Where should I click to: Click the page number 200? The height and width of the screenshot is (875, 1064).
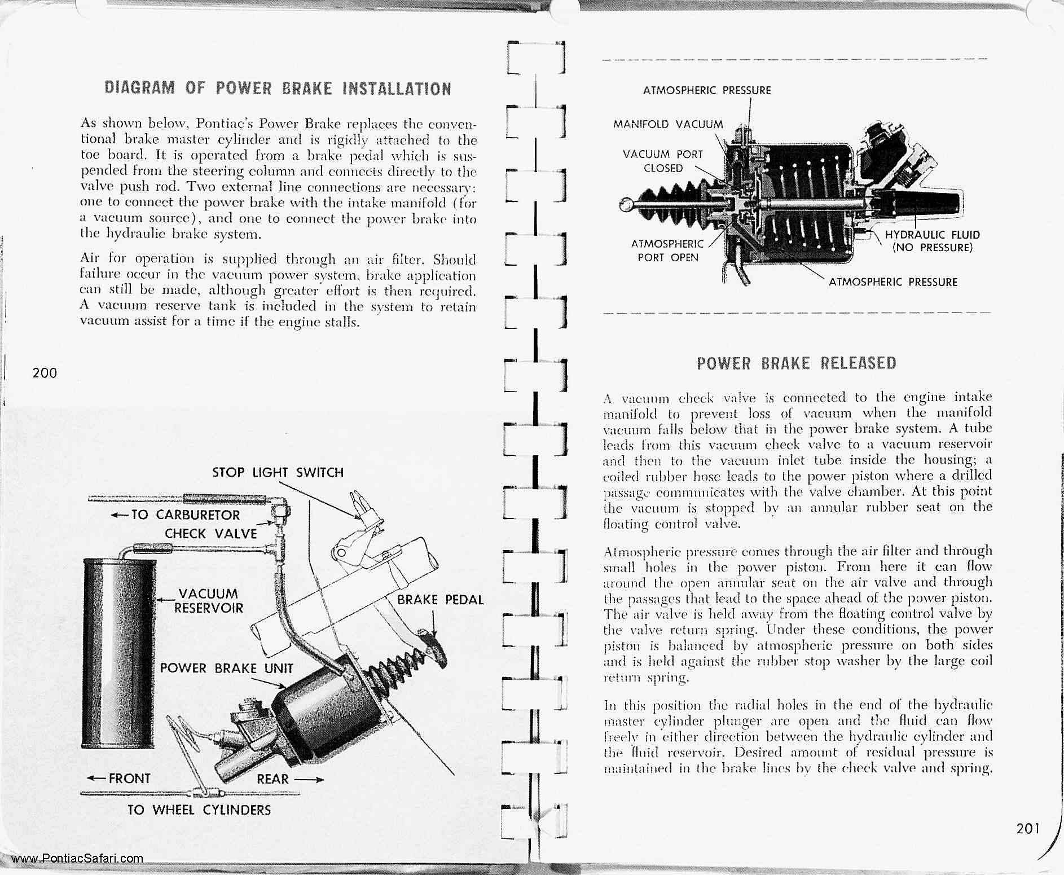[45, 373]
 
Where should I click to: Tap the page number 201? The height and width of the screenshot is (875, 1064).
[1028, 829]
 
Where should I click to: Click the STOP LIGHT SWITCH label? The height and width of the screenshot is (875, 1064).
[278, 473]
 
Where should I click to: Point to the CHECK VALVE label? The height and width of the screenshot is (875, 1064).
[210, 534]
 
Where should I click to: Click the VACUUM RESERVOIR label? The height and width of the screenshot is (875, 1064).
[208, 601]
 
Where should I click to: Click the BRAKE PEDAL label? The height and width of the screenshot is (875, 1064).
[440, 600]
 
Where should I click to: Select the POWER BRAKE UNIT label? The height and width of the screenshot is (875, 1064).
[226, 669]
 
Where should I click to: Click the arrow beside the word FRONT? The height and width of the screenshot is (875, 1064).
[96, 779]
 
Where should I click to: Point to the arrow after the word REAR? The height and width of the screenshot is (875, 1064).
[309, 780]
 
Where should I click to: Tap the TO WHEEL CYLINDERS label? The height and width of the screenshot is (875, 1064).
[199, 810]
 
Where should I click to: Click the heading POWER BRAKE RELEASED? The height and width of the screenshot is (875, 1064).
[797, 363]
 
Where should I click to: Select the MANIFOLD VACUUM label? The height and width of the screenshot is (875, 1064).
[667, 125]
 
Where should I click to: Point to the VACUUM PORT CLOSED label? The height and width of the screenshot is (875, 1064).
[663, 161]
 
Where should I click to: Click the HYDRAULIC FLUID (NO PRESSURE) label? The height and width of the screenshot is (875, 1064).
[932, 241]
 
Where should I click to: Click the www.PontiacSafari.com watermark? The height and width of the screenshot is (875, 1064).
[77, 859]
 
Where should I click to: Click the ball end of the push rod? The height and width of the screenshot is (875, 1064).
[626, 204]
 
